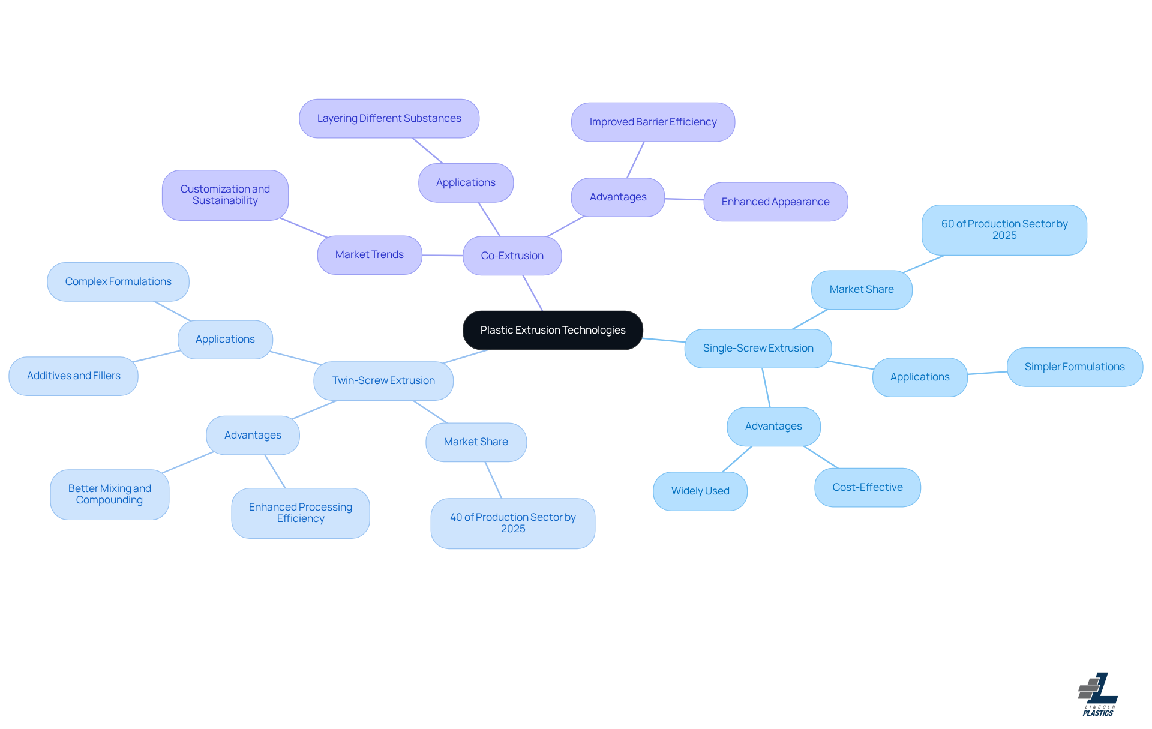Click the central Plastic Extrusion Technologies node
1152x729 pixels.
tap(553, 330)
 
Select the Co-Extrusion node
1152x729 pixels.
tap(512, 256)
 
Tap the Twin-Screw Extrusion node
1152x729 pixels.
tap(383, 380)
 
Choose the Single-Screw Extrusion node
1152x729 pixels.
tap(758, 348)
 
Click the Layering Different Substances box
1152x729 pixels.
tap(389, 118)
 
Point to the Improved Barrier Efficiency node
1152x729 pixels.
tap(653, 122)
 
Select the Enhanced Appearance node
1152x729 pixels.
tap(775, 202)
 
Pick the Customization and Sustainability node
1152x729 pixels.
tap(225, 195)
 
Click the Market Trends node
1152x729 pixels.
tap(370, 254)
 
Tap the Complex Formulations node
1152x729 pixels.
tap(118, 281)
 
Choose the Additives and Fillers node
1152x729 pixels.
tap(73, 376)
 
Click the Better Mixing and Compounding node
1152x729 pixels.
tap(109, 494)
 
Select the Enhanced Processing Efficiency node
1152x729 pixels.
tap(300, 513)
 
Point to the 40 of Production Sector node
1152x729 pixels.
tap(512, 523)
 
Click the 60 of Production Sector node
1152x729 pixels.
tap(1004, 230)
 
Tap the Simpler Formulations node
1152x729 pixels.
tap(1074, 367)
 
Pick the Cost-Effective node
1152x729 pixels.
tap(867, 487)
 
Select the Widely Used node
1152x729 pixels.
tap(700, 491)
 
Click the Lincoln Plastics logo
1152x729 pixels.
tap(1098, 694)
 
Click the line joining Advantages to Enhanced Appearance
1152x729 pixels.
tap(684, 199)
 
